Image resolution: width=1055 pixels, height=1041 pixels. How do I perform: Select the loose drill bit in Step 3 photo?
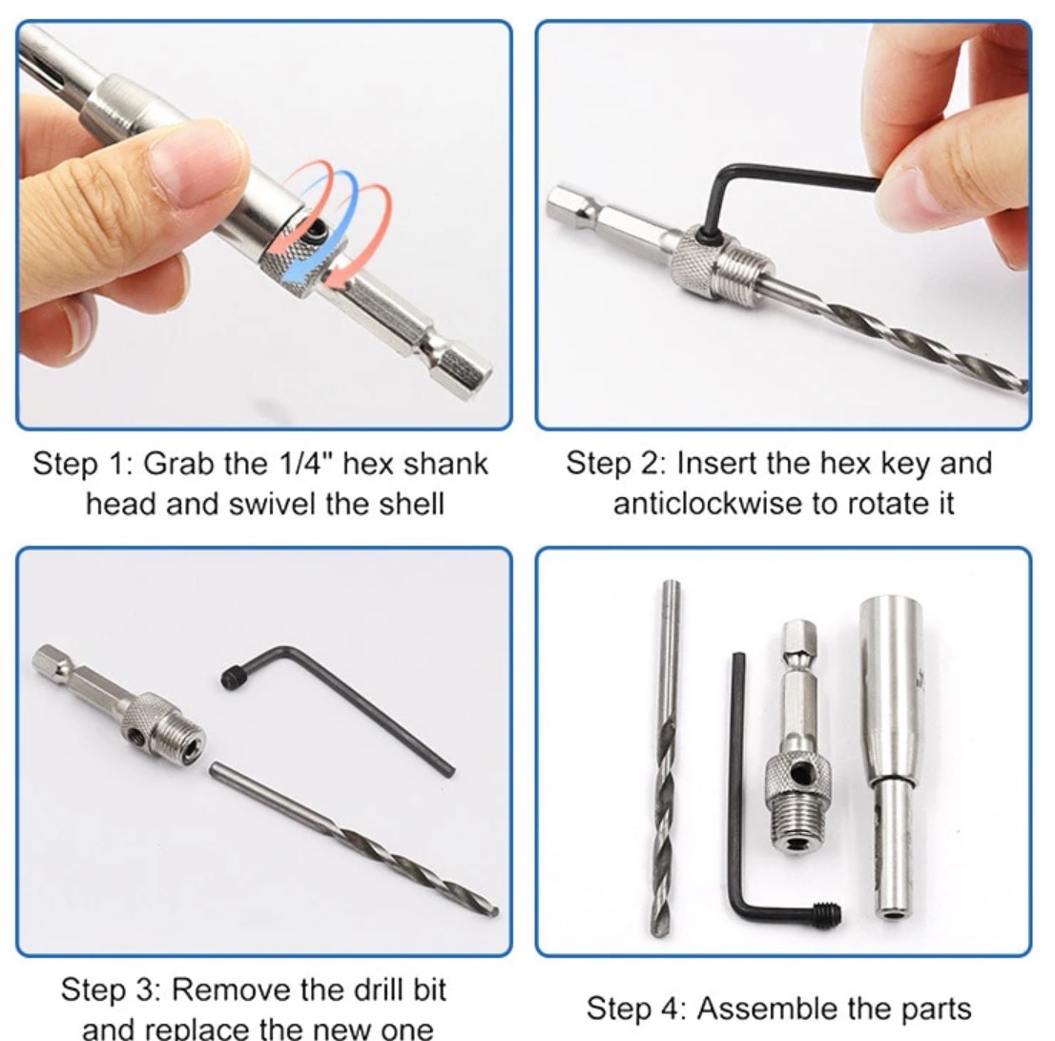coord(354,839)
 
